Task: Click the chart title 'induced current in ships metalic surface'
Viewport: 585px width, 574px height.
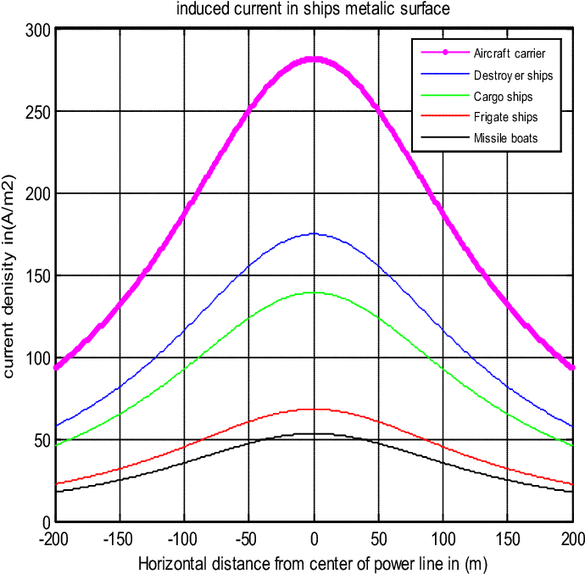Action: pos(313,9)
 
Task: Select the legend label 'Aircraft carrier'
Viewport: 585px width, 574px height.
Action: pos(510,53)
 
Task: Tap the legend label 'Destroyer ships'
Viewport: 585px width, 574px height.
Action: pos(513,75)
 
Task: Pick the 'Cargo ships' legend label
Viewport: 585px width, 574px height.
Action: pos(503,97)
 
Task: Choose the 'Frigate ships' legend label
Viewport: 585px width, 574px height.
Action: pos(505,117)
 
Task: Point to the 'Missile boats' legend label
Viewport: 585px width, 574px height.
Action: pos(505,138)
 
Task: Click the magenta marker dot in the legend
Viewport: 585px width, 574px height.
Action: pos(445,53)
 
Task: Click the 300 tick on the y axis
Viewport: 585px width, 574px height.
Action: pos(38,31)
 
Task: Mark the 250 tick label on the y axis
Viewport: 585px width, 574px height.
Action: pos(38,112)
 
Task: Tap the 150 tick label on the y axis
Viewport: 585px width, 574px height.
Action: pos(38,276)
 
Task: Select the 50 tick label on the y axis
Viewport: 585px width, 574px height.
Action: pos(42,440)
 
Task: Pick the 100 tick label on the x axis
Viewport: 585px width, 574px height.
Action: pos(443,539)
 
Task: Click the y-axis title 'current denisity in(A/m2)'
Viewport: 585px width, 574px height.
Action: pos(9,276)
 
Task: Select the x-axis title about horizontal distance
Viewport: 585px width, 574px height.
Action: pos(313,564)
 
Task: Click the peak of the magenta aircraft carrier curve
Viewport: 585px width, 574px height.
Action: pos(314,59)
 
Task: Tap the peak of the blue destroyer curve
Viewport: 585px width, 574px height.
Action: pos(314,234)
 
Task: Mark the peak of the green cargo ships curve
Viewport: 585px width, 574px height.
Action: pos(314,293)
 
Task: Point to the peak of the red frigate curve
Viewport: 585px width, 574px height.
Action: pos(314,410)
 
